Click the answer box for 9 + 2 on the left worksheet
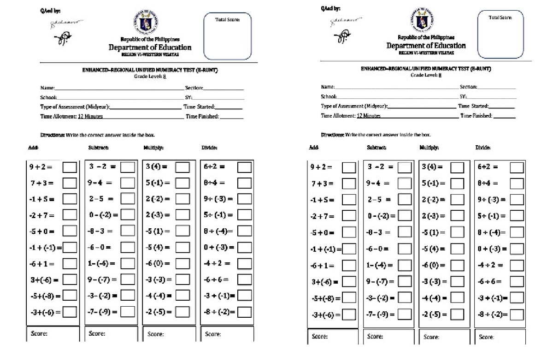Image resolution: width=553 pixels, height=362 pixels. point(70,167)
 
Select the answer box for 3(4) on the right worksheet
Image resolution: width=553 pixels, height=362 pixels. point(457,167)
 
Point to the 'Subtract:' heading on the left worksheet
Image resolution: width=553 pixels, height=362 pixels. point(98,148)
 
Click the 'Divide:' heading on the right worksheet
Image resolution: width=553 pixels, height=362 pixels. point(483,148)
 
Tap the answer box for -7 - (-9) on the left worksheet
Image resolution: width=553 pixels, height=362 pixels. point(128,312)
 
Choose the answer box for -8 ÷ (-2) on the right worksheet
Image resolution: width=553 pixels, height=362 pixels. point(517,315)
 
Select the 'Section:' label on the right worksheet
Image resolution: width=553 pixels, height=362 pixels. point(468,87)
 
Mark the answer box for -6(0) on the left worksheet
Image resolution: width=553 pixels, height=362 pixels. point(182,264)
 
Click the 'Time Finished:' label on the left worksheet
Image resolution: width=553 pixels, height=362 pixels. point(202,117)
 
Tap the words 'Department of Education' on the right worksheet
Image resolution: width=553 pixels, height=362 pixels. point(426,46)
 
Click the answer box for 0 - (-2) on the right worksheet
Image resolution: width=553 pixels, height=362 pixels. point(405,215)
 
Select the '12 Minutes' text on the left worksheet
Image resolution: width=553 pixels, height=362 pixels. point(90,117)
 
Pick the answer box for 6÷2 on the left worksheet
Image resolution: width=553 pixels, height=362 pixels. point(245,167)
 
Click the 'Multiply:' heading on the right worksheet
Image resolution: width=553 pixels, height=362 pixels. point(429,148)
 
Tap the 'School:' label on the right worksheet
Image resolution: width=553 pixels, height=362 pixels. point(329,97)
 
